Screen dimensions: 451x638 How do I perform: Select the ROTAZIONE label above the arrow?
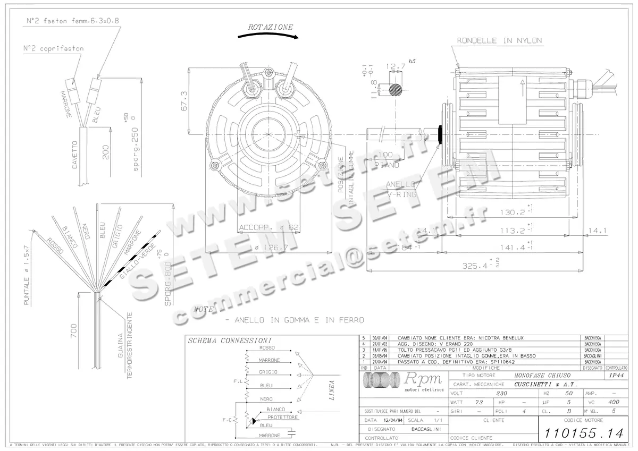click(x=270, y=27)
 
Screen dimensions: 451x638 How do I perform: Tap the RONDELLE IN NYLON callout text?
click(x=499, y=40)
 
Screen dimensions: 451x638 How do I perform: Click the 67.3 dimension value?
click(x=183, y=100)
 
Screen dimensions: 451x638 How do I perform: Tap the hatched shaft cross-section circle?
click(x=395, y=89)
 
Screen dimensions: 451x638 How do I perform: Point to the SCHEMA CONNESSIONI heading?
click(x=230, y=341)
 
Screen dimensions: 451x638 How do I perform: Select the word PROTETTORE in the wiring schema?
click(x=283, y=418)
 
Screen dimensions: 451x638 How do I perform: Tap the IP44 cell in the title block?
click(x=616, y=375)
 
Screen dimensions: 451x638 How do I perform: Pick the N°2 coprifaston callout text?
click(x=53, y=48)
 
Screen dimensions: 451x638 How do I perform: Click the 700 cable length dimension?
click(x=74, y=331)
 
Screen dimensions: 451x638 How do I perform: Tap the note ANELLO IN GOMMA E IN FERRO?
click(x=294, y=320)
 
